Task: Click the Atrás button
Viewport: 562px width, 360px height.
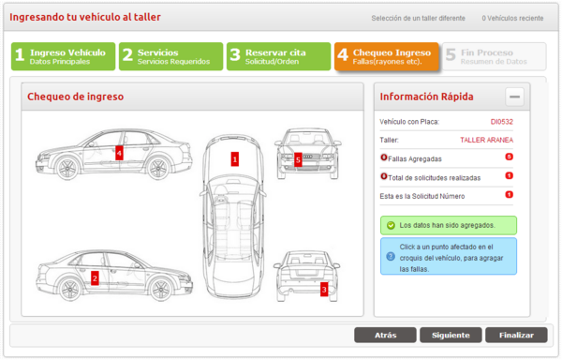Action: (x=385, y=336)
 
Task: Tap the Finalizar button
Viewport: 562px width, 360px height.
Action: (x=516, y=336)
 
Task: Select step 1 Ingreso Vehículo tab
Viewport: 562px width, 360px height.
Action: (x=63, y=56)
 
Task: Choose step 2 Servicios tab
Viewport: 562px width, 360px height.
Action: (x=171, y=56)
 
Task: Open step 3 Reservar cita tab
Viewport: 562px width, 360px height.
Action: (x=278, y=56)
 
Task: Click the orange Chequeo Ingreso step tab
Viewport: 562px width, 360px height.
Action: (x=386, y=56)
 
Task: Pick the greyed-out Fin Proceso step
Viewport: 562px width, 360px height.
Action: (x=495, y=56)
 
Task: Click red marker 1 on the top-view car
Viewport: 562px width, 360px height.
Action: (x=235, y=159)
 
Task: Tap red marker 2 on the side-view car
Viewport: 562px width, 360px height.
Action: (x=95, y=277)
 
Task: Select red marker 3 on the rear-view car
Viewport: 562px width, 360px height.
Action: (x=324, y=290)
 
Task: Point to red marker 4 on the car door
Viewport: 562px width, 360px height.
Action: (x=119, y=153)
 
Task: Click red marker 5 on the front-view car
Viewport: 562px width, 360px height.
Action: (x=298, y=159)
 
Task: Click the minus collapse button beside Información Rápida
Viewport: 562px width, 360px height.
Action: (x=514, y=97)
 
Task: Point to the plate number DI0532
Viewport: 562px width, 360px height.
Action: (x=501, y=122)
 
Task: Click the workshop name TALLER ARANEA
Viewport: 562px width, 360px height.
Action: (x=486, y=141)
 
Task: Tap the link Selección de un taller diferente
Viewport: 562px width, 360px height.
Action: (x=418, y=19)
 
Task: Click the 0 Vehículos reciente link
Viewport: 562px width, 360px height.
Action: (x=512, y=19)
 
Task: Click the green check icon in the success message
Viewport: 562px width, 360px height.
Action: (x=391, y=226)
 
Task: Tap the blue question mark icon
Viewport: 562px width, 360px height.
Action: (x=391, y=256)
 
